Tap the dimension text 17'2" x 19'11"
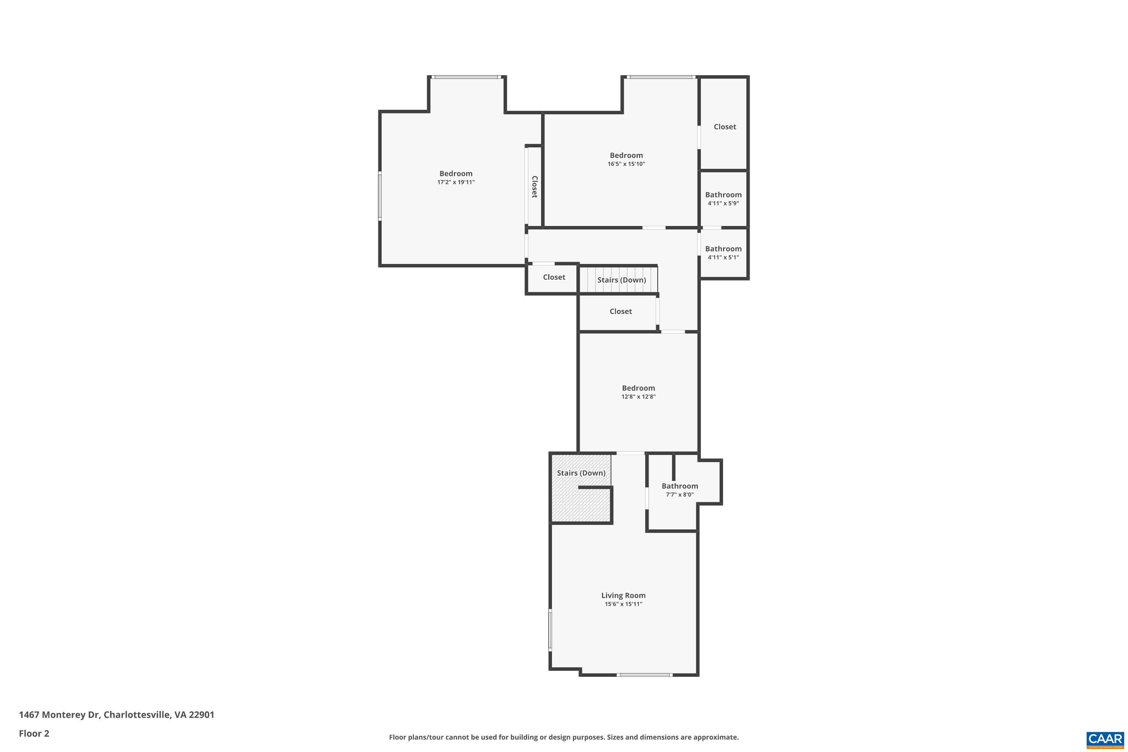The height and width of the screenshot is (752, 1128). [456, 182]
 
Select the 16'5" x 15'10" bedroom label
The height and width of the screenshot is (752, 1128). [626, 155]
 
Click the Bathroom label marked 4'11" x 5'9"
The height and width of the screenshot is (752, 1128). [723, 195]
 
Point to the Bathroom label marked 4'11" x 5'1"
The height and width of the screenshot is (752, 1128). [723, 249]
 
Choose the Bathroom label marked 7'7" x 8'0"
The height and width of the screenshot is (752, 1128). [679, 486]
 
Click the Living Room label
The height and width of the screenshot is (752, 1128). [623, 595]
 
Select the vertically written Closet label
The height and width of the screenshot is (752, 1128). [535, 186]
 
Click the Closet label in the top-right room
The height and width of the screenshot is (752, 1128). [725, 127]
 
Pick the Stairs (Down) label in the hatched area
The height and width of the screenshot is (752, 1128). [581, 473]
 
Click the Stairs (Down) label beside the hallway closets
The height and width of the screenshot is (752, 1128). [621, 280]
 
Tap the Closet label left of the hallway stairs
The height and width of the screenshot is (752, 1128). [554, 277]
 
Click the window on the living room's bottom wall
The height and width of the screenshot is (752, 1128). [644, 675]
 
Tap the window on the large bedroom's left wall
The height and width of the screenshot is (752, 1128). [380, 196]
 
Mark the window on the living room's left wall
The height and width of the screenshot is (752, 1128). [550, 629]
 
